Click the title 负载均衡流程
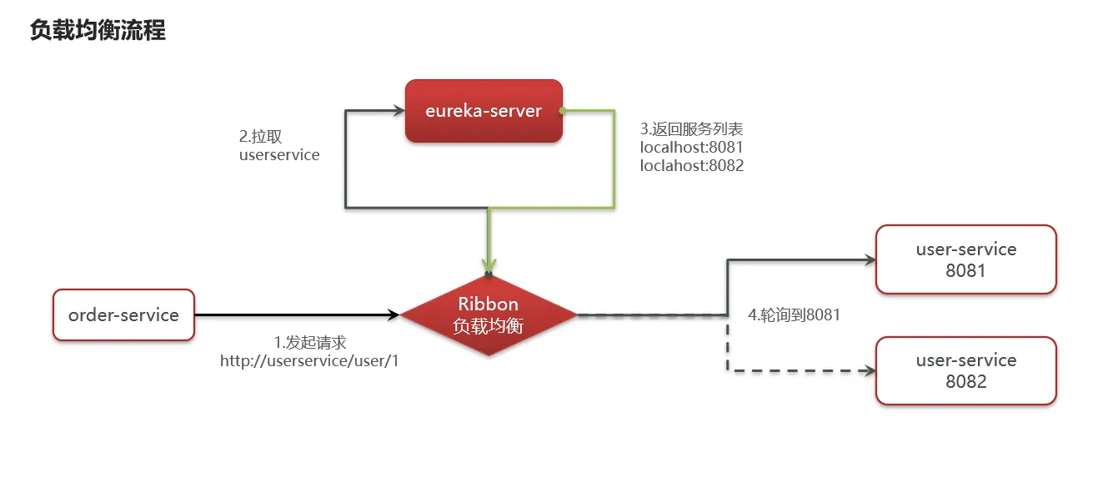98,31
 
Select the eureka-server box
484,111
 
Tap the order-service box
123,314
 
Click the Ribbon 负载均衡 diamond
489,314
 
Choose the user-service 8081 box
965,259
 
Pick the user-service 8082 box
965,370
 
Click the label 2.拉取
267,137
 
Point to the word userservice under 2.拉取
279,155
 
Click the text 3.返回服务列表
691,129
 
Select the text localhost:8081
691,148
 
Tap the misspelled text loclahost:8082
691,166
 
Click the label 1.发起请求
310,343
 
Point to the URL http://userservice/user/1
309,361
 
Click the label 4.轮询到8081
794,315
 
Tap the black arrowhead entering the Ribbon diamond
394,314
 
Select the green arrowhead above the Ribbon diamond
489,264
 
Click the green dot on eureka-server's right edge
563,110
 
